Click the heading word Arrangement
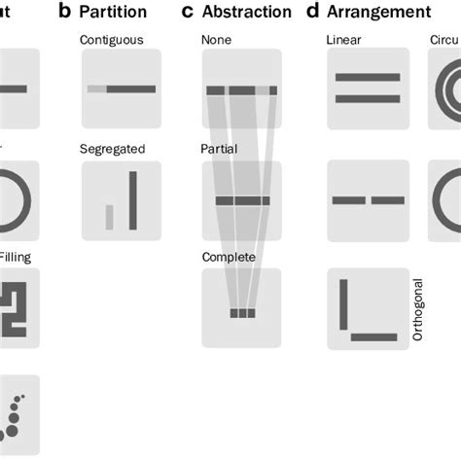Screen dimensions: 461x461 380,13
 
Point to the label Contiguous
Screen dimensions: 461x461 113,40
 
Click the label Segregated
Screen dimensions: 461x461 113,149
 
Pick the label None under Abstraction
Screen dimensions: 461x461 216,40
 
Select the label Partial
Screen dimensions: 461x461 219,149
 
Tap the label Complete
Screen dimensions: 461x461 229,257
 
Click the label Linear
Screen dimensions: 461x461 343,40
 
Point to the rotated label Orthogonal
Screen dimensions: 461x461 418,308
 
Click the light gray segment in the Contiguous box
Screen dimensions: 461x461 96,89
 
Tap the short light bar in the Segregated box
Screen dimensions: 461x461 110,217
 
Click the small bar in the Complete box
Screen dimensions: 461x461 242,313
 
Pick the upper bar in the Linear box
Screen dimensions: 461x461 367,80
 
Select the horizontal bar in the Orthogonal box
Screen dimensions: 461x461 374,337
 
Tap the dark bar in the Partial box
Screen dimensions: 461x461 242,201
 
